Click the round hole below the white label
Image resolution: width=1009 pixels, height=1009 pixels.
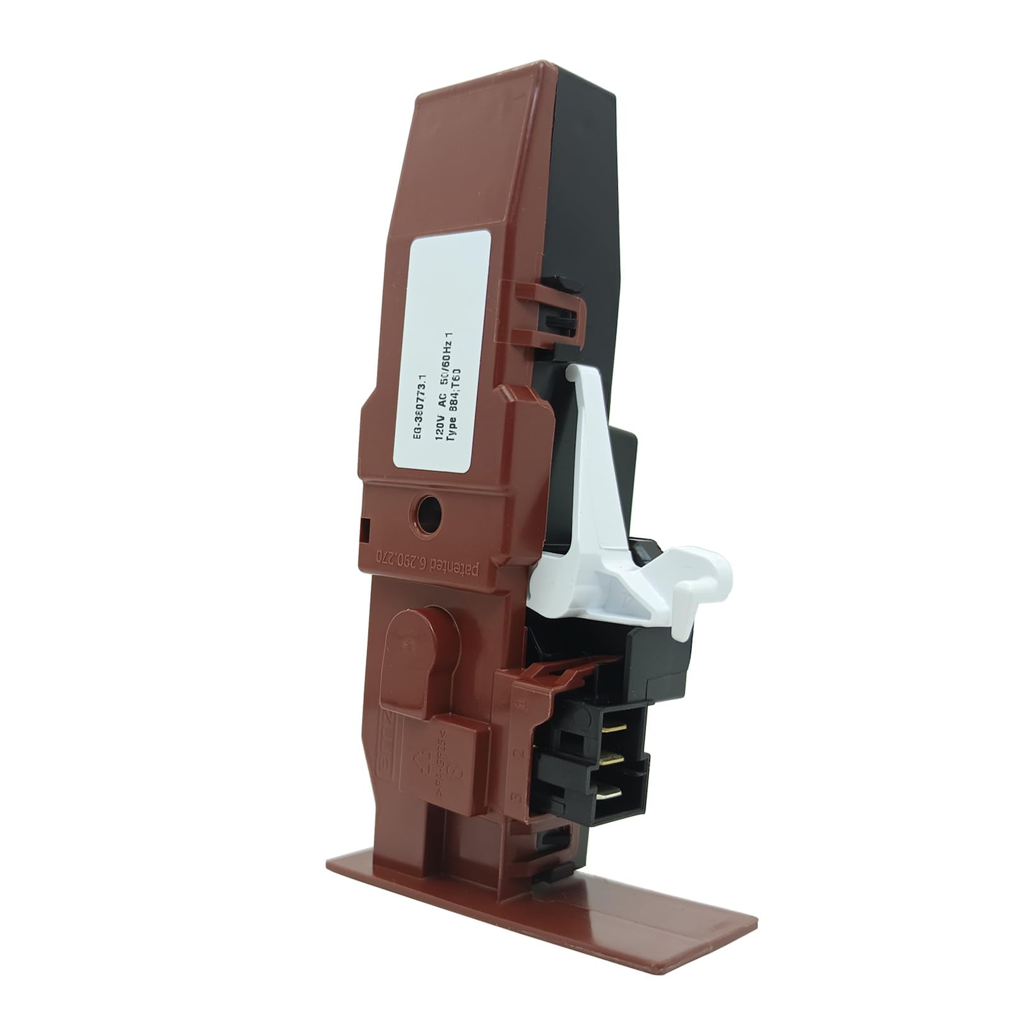point(428,514)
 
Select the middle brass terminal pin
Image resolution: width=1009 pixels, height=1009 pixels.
point(610,761)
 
